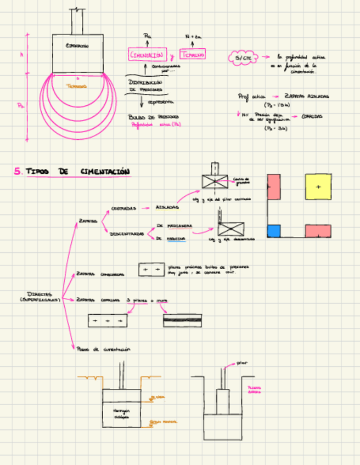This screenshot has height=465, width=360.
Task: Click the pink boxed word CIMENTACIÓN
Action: pyautogui.click(x=147, y=55)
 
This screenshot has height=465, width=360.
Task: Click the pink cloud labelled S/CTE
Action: pyautogui.click(x=242, y=58)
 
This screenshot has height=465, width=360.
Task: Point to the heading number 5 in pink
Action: pyautogui.click(x=18, y=172)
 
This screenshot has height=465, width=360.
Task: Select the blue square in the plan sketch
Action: pyautogui.click(x=274, y=231)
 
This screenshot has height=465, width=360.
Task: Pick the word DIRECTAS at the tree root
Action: pyautogui.click(x=40, y=294)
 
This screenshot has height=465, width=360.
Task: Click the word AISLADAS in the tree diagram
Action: pyautogui.click(x=167, y=208)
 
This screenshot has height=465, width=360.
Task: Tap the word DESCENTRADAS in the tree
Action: pyautogui.click(x=127, y=233)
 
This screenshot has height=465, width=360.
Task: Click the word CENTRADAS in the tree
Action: pyautogui.click(x=123, y=208)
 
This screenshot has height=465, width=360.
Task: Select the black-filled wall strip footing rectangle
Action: pyautogui.click(x=182, y=320)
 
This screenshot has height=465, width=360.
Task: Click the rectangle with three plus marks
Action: pyautogui.click(x=108, y=320)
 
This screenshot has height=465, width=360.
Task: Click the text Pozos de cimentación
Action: pyautogui.click(x=105, y=349)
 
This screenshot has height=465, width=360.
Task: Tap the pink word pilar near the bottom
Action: pyautogui.click(x=241, y=362)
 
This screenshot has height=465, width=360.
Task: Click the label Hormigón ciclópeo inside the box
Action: pyautogui.click(x=122, y=413)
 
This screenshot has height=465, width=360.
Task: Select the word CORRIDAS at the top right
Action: pyautogui.click(x=312, y=116)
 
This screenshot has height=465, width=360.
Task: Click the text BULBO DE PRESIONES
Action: pyautogui.click(x=145, y=117)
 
